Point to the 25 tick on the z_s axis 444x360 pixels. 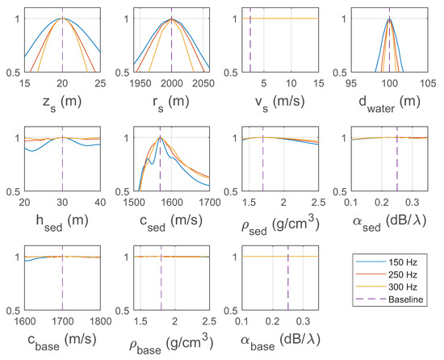point(100,83)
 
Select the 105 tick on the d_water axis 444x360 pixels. point(427,83)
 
